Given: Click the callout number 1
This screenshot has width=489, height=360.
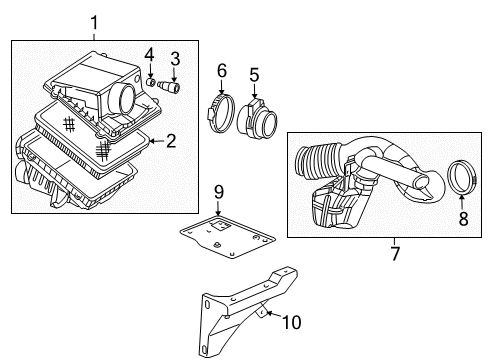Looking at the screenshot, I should [95, 22].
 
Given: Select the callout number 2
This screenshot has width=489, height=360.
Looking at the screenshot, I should [171, 141].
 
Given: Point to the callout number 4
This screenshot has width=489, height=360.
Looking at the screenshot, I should [148, 53].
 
